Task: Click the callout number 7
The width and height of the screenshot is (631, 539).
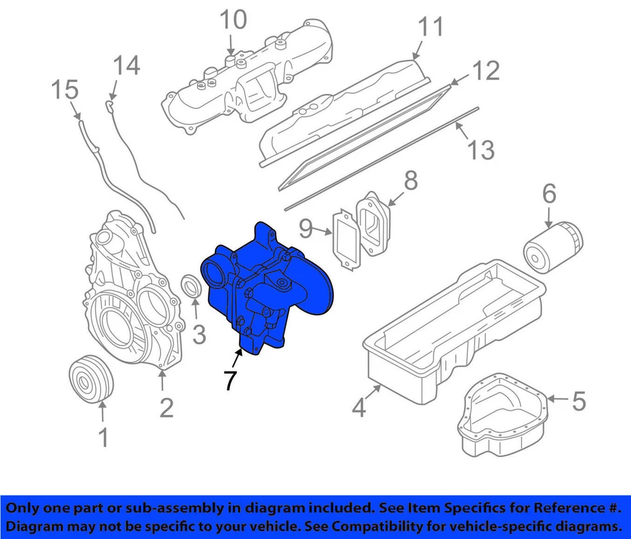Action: coord(228,379)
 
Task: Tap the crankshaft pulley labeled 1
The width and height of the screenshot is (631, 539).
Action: coord(91,379)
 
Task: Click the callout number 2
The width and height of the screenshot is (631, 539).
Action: coord(167,408)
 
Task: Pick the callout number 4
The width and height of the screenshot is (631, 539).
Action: coord(358,408)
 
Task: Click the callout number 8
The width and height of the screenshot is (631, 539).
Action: coord(410,181)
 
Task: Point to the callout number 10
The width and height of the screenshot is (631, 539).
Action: coord(233,20)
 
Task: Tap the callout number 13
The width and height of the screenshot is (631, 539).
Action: coord(481,150)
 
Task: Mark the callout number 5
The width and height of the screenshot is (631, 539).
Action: coord(578,401)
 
